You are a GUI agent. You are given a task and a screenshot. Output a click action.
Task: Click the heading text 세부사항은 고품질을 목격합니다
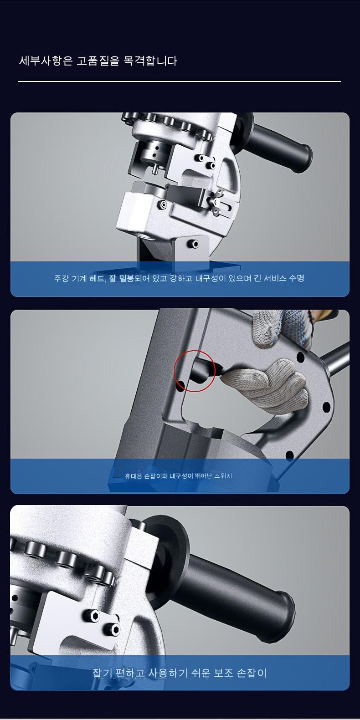98,61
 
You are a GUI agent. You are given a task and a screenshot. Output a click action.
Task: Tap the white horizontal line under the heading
180,82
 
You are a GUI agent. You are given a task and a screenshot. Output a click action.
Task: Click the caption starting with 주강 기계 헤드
179,278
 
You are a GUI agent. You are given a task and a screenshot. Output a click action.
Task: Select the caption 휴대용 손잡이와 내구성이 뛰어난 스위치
178,476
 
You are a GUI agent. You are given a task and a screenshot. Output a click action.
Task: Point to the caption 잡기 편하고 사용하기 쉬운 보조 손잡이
180,673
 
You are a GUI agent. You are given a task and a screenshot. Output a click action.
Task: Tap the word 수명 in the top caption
297,278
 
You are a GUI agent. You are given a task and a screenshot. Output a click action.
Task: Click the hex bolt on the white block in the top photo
164,204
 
